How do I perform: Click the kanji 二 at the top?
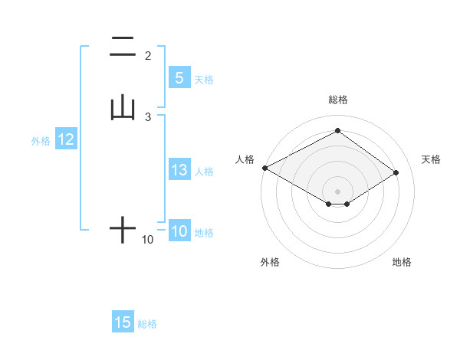coord(123,47)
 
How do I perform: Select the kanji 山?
coord(123,109)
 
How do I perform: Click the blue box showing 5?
coord(179,78)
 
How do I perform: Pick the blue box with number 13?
coord(179,171)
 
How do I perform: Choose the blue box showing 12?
coord(66,139)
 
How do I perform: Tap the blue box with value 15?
coord(123,322)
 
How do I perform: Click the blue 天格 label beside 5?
coord(204,79)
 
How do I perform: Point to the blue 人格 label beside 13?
coord(205,172)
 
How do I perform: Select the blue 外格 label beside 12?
coord(41,141)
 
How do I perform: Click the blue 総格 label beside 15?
coord(147,324)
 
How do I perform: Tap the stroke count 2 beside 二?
coord(148,55)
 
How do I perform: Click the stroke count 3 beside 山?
coord(148,116)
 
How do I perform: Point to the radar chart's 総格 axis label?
coord(338,100)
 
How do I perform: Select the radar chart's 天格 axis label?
coord(432,159)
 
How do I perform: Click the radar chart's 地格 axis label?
coord(402,263)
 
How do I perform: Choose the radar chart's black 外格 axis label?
coord(270,263)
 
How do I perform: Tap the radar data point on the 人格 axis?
coord(264,168)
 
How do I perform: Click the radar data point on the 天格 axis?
coord(396,172)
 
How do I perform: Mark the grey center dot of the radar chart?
coord(338,190)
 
